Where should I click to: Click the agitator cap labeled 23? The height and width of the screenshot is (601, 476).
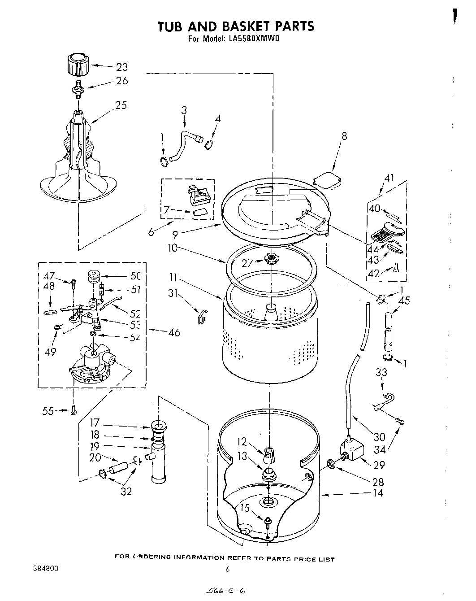pyautogui.click(x=77, y=65)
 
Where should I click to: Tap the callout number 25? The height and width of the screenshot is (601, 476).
pyautogui.click(x=121, y=105)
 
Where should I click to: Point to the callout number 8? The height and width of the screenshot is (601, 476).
pyautogui.click(x=344, y=136)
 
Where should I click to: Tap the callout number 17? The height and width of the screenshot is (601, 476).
pyautogui.click(x=94, y=422)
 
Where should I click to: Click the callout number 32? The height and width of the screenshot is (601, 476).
pyautogui.click(x=126, y=492)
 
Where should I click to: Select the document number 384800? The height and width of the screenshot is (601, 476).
pyautogui.click(x=45, y=568)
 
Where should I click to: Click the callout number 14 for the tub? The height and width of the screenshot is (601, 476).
pyautogui.click(x=378, y=493)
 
